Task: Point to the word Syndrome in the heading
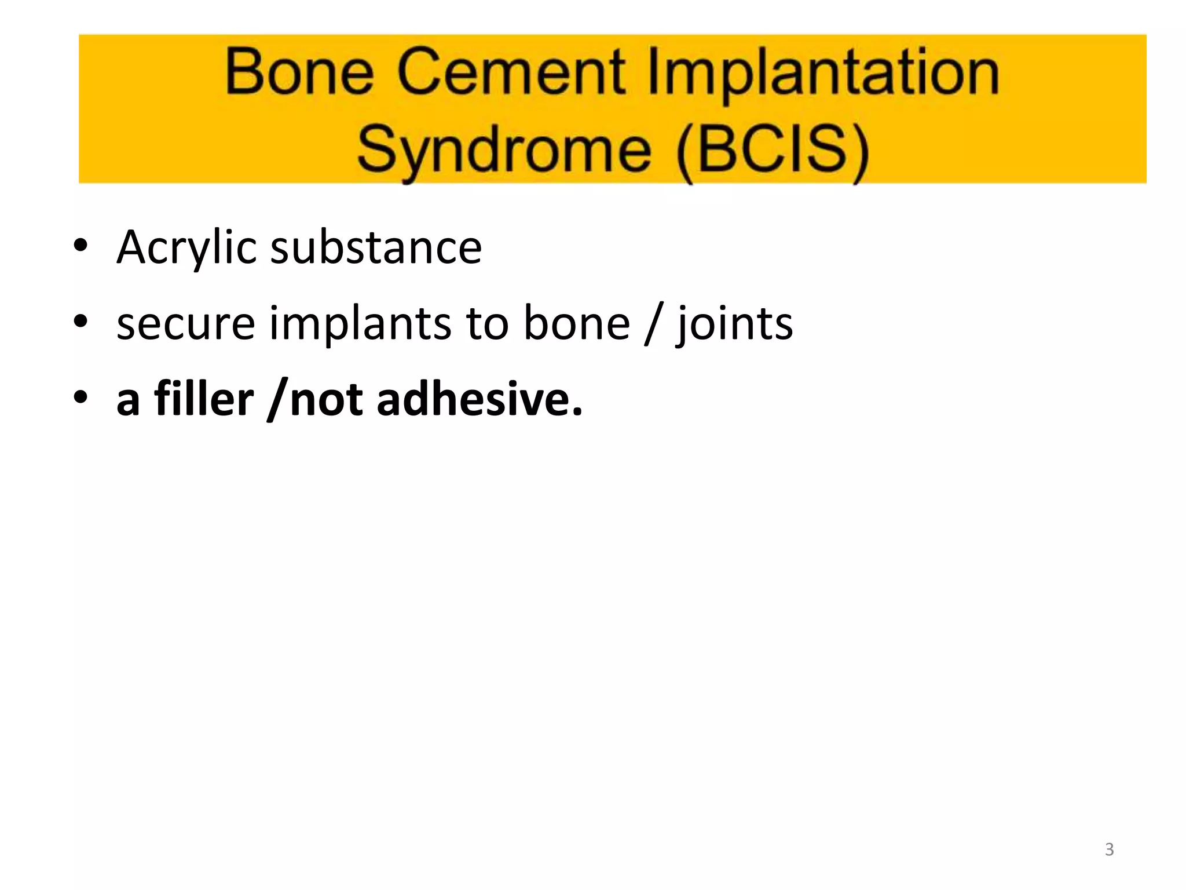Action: [504, 149]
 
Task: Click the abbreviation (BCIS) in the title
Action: [773, 149]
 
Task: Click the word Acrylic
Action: [186, 248]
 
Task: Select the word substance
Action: [376, 248]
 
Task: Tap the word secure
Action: [185, 324]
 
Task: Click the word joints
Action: [734, 324]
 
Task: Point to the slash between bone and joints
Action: [652, 324]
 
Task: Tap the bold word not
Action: [326, 400]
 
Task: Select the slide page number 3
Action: [1109, 849]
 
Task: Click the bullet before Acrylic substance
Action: [80, 246]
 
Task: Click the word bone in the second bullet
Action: [577, 324]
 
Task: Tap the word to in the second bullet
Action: [488, 324]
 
